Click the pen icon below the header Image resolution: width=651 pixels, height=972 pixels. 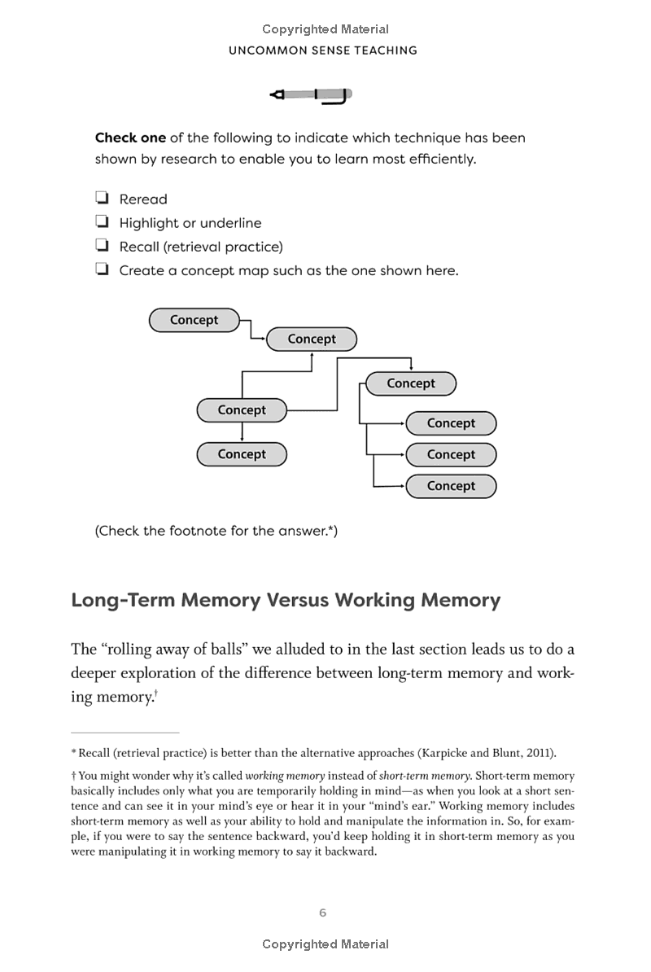(311, 96)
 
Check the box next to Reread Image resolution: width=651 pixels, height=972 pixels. (103, 199)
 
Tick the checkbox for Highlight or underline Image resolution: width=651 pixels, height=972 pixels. (103, 222)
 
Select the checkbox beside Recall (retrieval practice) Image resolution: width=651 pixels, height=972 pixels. (103, 246)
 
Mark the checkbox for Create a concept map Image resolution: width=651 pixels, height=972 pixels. (103, 269)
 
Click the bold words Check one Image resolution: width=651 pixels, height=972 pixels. (130, 138)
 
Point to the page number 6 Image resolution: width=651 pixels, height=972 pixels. (323, 913)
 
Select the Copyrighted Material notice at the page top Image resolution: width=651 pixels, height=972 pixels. (325, 29)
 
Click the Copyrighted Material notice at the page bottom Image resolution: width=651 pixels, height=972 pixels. (325, 944)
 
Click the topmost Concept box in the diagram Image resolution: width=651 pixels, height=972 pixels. (194, 320)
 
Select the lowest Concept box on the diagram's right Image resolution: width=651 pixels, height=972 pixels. (450, 486)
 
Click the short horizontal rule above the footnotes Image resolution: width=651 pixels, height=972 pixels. (125, 733)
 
